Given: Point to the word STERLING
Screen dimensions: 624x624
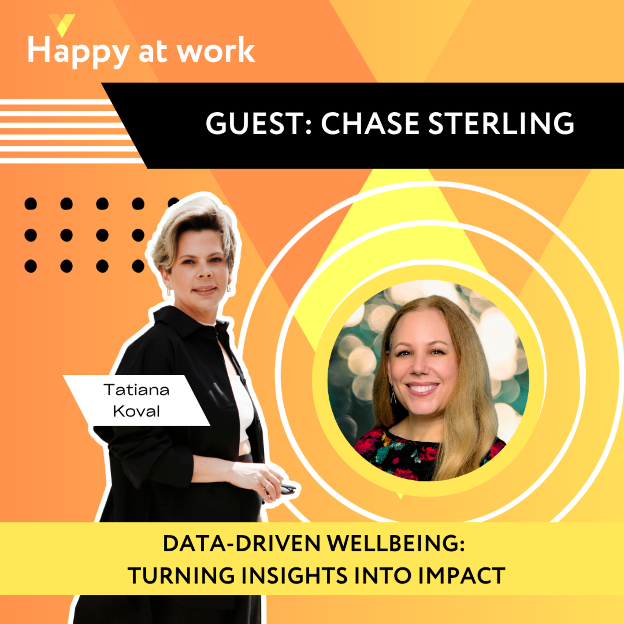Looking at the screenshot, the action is [501, 124].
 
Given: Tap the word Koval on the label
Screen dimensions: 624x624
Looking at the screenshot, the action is [136, 411].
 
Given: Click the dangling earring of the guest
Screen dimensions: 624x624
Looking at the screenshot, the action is [393, 395].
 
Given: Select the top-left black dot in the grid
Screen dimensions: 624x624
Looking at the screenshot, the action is [31, 204].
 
